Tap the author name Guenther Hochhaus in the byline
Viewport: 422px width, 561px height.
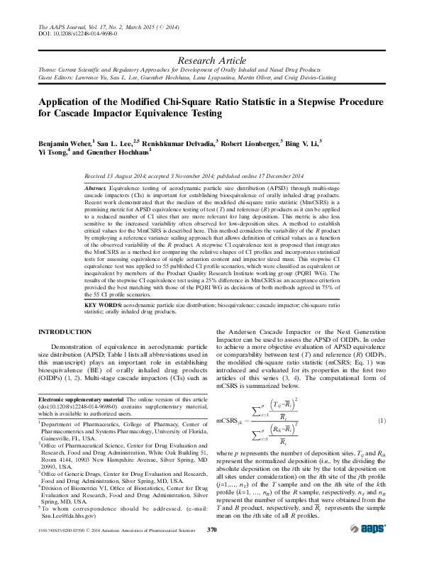click(121, 152)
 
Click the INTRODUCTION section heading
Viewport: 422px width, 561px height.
click(65, 332)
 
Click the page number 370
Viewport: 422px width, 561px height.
click(211, 529)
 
